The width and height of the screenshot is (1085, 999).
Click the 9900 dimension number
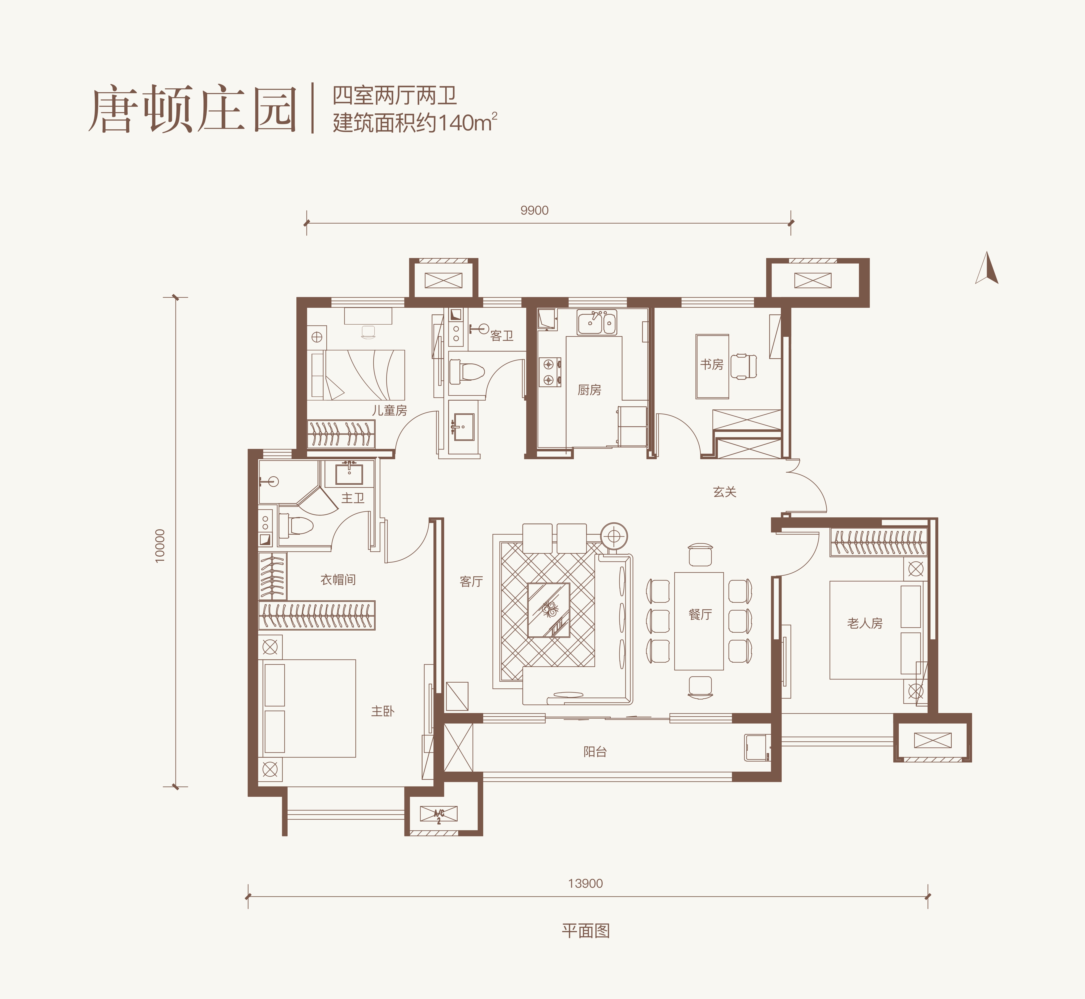[x=534, y=210]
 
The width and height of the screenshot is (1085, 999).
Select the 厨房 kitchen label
[x=589, y=390]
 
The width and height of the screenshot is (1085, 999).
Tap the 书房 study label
[x=712, y=365]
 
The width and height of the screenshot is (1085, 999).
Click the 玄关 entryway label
[x=725, y=492]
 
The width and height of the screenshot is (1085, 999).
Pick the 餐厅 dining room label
[x=700, y=615]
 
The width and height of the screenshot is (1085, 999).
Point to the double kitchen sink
[x=597, y=323]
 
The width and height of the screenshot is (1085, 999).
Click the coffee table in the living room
[x=548, y=610]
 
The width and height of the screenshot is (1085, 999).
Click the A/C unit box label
[x=439, y=814]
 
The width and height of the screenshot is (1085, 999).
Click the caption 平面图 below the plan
[x=586, y=931]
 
